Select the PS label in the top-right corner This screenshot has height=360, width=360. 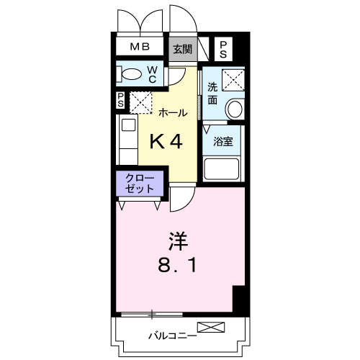tap(223, 49)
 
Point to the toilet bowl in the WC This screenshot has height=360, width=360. tap(132, 73)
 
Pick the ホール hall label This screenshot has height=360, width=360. tap(173, 113)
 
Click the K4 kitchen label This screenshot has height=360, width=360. tap(166, 142)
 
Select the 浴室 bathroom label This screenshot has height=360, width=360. tap(223, 142)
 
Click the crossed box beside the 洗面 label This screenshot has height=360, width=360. tap(233, 79)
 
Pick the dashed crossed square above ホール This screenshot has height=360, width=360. tap(140, 102)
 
